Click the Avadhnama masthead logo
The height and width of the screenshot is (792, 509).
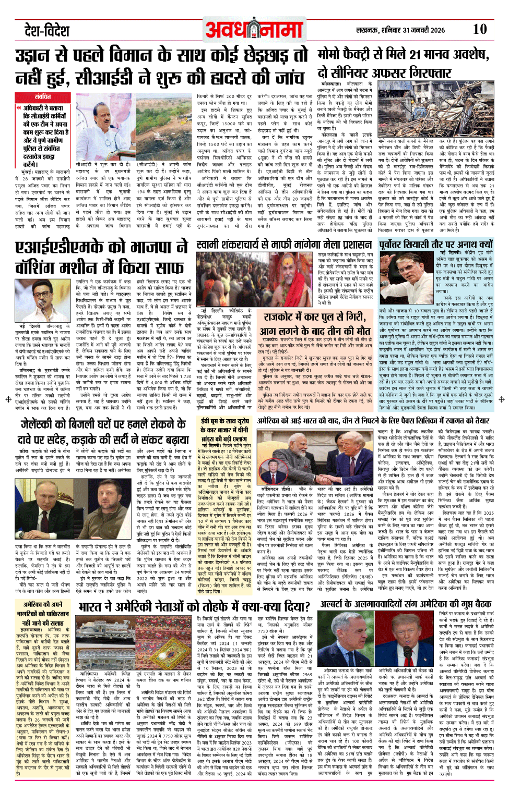[254, 29]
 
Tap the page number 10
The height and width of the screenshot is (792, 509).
[479, 29]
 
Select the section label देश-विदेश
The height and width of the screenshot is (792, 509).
[47, 30]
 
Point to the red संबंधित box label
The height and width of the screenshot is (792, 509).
[43, 97]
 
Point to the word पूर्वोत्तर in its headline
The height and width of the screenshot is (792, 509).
[398, 245]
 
